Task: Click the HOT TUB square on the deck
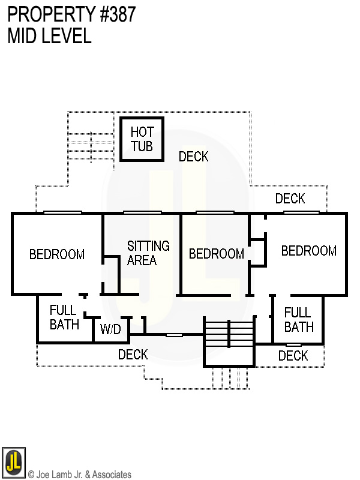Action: (x=142, y=139)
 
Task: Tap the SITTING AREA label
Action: (x=148, y=253)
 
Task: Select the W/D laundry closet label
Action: (x=110, y=329)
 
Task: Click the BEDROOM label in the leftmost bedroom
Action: (x=57, y=254)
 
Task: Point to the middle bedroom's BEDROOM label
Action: (x=216, y=254)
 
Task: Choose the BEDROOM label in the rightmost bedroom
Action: (x=308, y=251)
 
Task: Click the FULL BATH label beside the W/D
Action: (x=64, y=317)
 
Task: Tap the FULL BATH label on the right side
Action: (x=298, y=319)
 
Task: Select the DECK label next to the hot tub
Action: (x=193, y=157)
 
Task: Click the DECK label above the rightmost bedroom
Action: (x=290, y=199)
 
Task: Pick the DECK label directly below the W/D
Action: (x=133, y=355)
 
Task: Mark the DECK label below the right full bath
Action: (x=293, y=356)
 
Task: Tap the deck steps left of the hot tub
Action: (x=89, y=145)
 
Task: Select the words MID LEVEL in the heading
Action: (x=49, y=36)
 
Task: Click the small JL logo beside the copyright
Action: (x=13, y=461)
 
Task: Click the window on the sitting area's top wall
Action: (x=142, y=212)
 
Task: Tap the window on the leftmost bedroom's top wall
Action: (x=62, y=212)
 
